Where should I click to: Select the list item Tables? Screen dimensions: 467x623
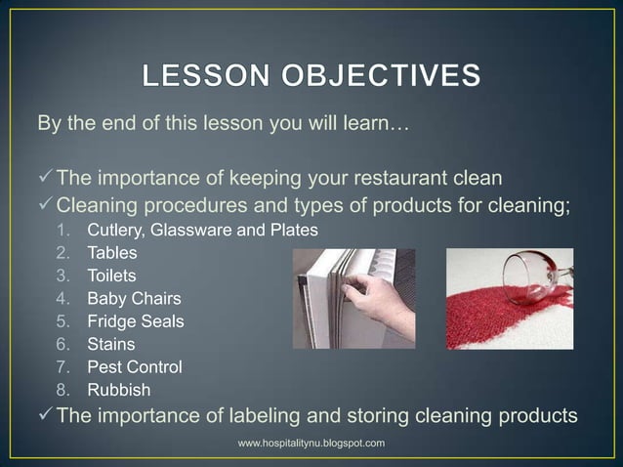click(x=112, y=253)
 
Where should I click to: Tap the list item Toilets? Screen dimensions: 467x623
click(x=112, y=276)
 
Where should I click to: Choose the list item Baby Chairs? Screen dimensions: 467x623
click(x=134, y=298)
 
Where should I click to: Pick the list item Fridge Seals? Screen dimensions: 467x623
click(x=136, y=320)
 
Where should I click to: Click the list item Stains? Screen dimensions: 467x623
click(x=111, y=344)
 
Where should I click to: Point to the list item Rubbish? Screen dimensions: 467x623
click(x=117, y=390)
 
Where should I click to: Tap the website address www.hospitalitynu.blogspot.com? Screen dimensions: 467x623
click(x=311, y=445)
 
